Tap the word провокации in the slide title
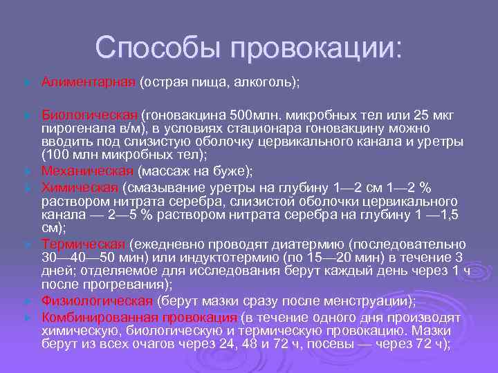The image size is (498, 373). tap(315, 48)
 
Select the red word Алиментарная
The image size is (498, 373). tap(89, 82)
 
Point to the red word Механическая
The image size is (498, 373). tap(87, 170)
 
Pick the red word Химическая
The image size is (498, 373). tap(80, 188)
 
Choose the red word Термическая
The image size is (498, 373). tap(83, 244)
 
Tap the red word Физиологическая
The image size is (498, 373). tap(97, 300)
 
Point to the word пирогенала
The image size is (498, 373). tap(73, 128)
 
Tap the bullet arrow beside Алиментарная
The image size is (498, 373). tap(26, 83)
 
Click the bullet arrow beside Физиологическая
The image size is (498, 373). tap(26, 301)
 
